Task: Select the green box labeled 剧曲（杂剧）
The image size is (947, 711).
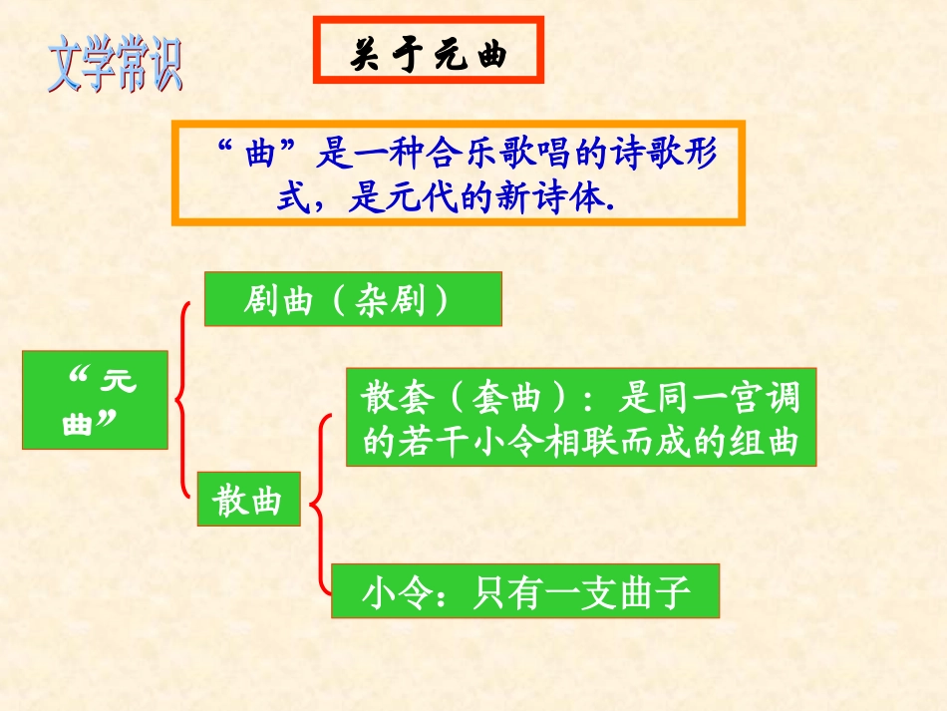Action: coord(352,300)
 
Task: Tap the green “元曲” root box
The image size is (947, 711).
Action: coord(96,400)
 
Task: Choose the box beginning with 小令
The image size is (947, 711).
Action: coord(524,591)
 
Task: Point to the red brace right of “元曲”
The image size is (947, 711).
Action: coord(181,400)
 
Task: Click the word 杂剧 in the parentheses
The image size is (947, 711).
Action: coord(385,300)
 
